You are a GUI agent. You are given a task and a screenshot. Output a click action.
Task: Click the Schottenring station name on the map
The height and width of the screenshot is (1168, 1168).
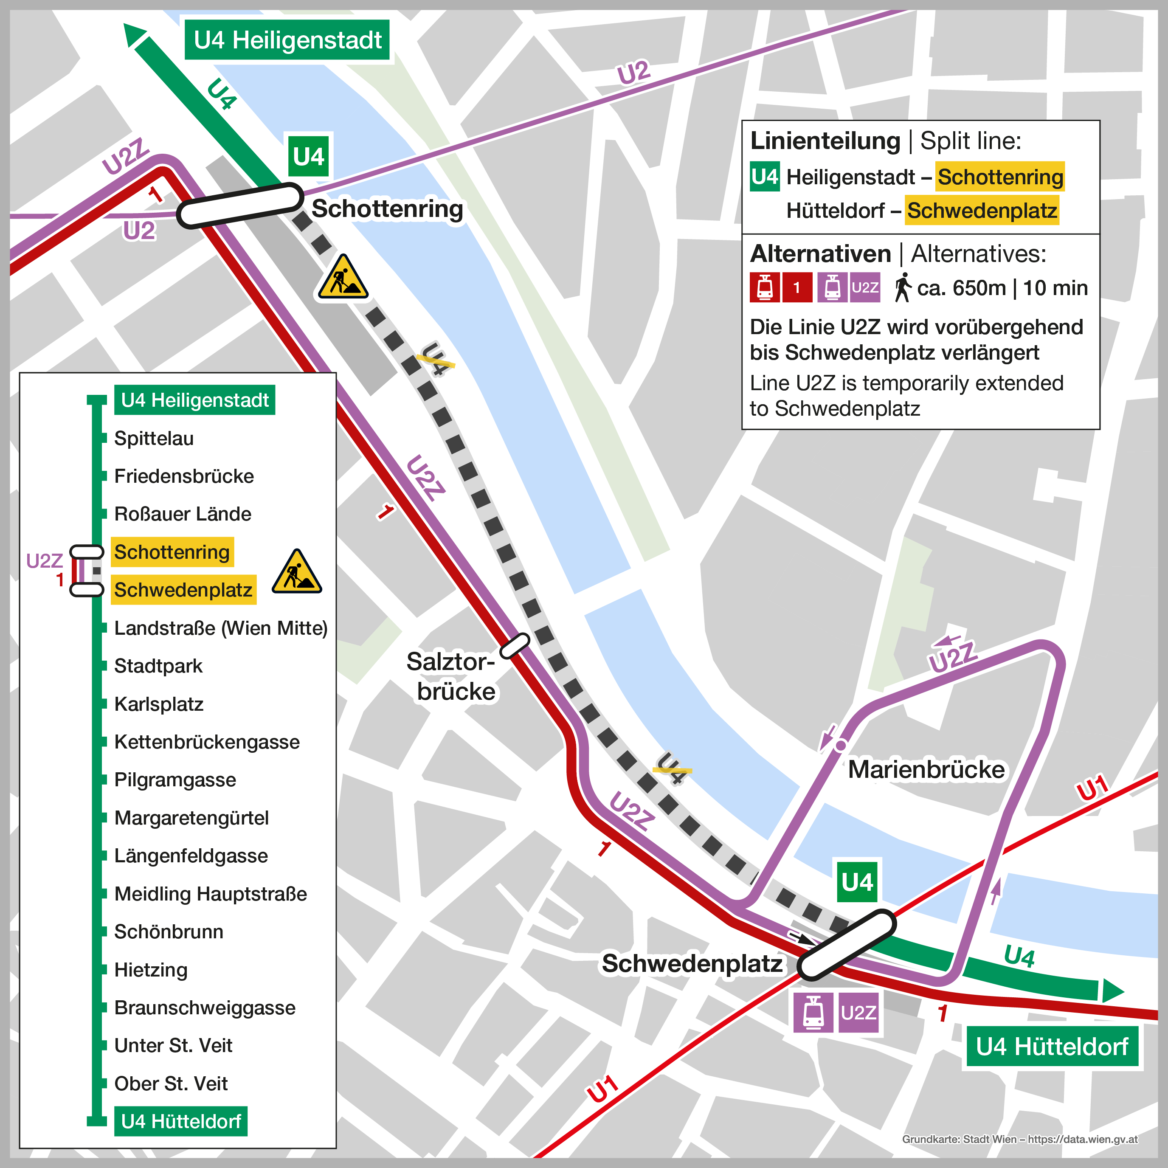tap(387, 208)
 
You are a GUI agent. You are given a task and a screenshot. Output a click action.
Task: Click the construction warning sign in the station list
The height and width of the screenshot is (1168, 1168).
tap(296, 572)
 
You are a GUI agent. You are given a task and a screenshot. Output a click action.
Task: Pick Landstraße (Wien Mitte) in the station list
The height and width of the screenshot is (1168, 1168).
tap(221, 628)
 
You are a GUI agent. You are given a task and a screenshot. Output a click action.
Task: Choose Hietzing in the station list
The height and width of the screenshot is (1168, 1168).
tap(151, 970)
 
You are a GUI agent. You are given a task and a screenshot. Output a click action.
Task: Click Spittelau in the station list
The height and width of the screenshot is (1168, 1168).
tap(154, 438)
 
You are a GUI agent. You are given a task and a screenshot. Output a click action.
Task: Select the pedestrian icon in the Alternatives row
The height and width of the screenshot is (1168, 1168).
tap(903, 288)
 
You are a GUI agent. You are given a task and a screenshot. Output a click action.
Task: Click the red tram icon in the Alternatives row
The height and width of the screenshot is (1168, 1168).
tap(764, 288)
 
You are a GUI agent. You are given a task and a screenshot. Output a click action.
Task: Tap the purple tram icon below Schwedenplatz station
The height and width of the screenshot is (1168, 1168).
tap(813, 1013)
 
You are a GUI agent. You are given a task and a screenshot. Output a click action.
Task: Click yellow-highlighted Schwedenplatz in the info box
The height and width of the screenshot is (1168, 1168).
tap(981, 211)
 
